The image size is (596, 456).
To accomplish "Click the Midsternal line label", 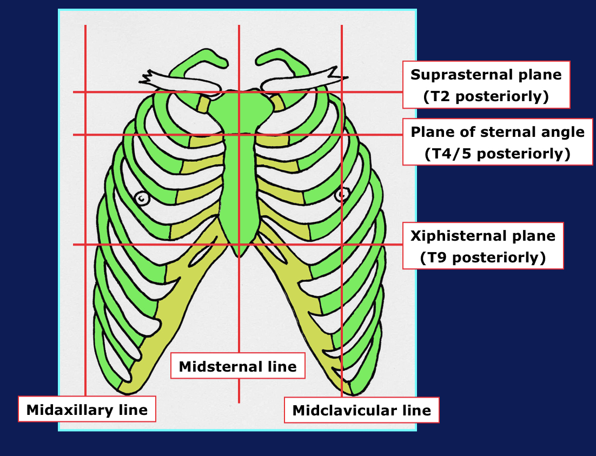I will [237, 366].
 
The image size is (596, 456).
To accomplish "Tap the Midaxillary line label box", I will [87, 409].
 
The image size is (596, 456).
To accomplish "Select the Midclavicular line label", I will [361, 410].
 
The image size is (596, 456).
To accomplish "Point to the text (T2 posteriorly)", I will [486, 96].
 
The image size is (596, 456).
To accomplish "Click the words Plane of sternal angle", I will [498, 132].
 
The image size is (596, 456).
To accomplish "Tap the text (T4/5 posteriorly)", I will [498, 154].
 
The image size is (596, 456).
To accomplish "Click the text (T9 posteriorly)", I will [483, 257].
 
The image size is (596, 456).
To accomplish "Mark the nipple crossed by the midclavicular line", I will [342, 194].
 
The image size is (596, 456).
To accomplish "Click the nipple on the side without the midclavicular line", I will [142, 199].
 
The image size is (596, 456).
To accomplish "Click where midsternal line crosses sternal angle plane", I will [239, 135].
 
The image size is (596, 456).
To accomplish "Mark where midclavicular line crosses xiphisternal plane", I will [342, 244].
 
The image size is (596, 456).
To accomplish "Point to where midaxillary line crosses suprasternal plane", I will [85, 92].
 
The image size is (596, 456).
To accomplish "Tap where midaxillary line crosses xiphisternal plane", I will [85, 244].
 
